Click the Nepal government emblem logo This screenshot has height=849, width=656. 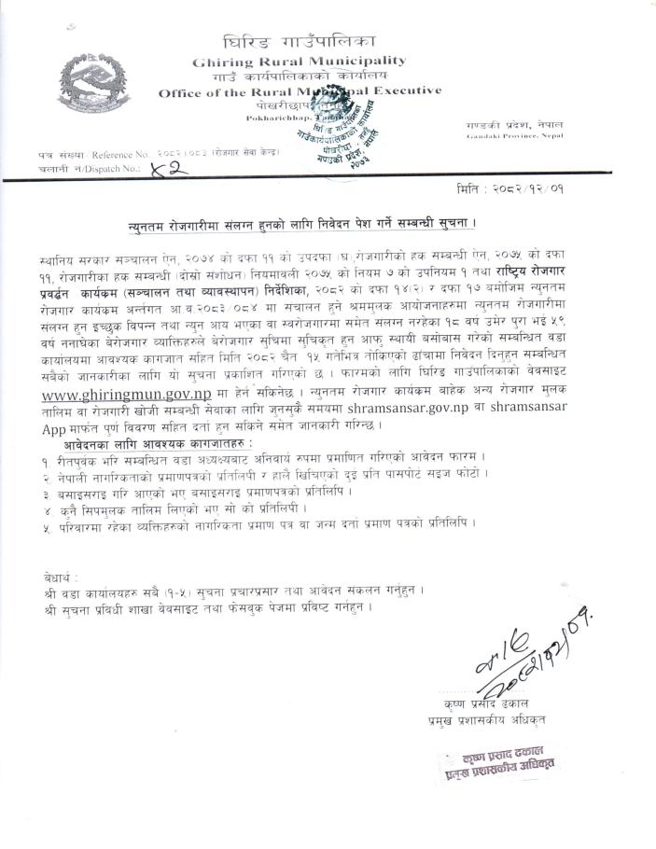pos(91,83)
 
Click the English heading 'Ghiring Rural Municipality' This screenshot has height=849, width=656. pos(300,61)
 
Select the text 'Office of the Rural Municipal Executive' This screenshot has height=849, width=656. pos(300,91)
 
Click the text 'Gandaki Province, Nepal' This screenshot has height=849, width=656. pos(501,136)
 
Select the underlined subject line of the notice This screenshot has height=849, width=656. pos(302,226)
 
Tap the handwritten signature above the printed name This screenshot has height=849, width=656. pos(522,653)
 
